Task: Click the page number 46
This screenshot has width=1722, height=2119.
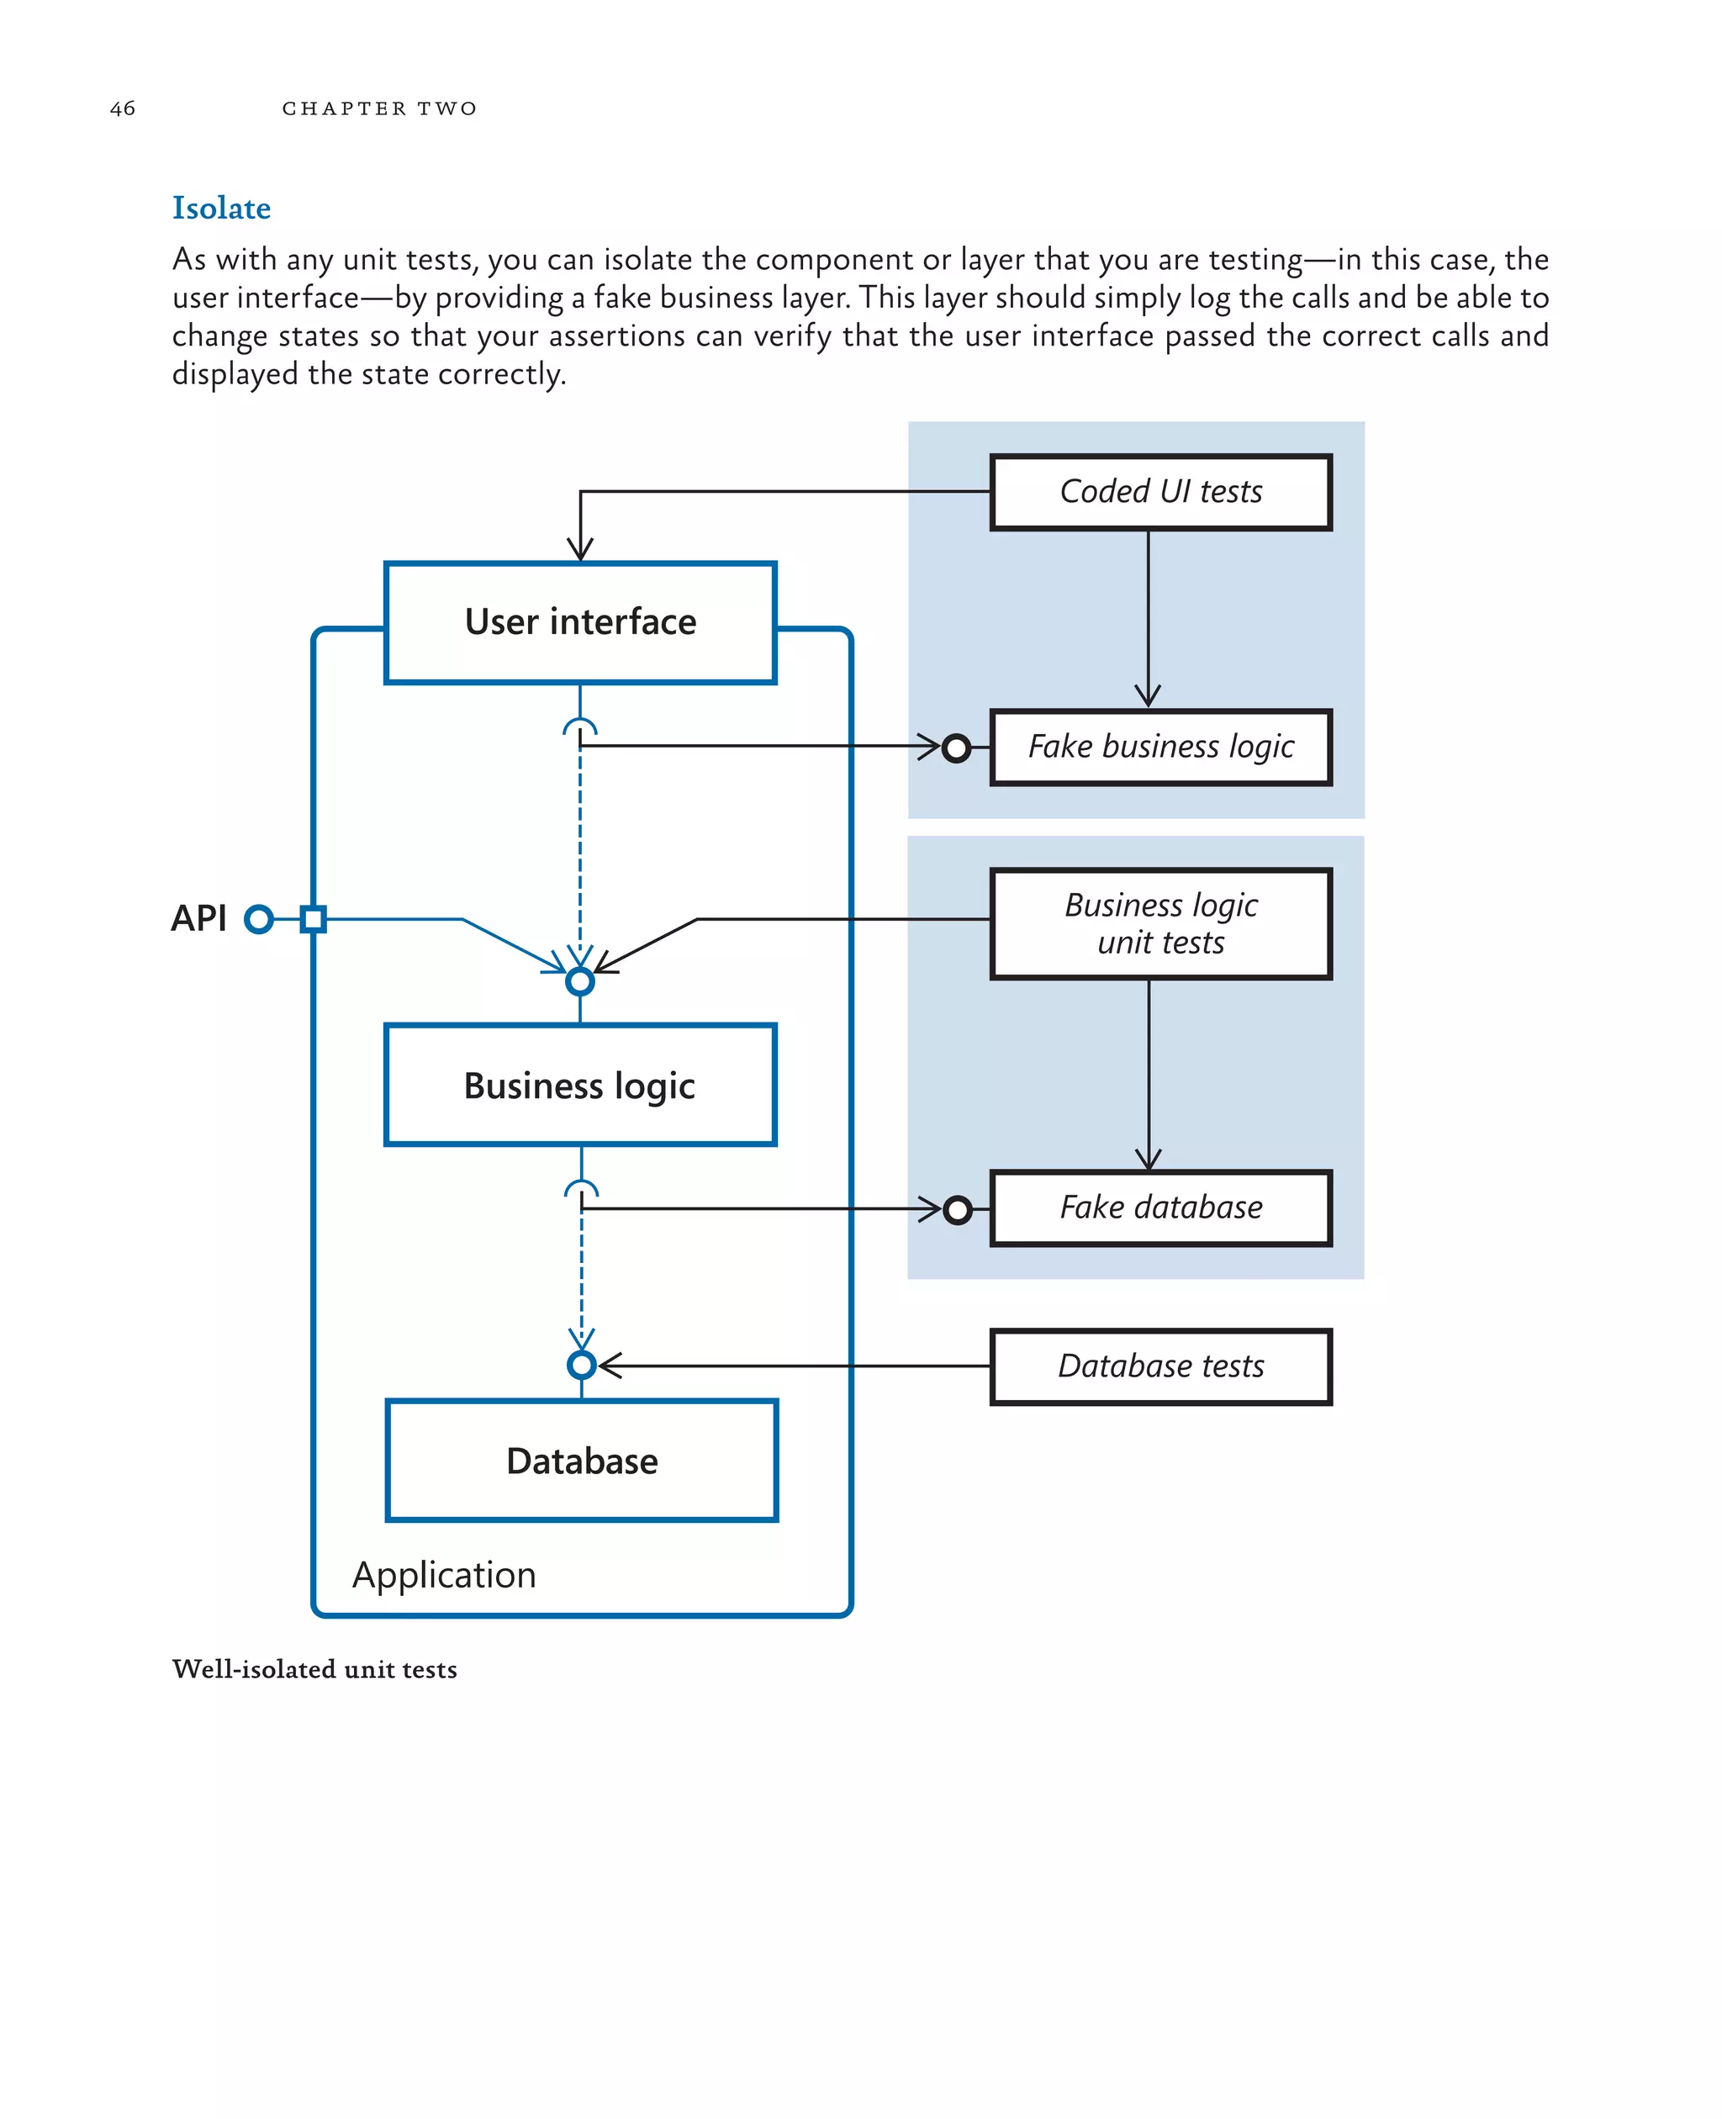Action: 122,108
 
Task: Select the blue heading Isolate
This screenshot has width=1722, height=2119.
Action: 221,208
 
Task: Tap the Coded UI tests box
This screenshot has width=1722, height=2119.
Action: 1159,492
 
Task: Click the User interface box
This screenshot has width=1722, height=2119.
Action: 580,622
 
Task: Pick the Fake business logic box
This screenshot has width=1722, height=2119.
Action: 1159,747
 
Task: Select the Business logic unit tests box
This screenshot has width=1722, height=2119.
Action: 1159,923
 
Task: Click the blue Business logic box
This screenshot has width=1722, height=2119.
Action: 580,1086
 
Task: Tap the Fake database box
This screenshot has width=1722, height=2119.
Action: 1159,1207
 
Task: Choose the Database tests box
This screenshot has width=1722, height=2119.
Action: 1159,1366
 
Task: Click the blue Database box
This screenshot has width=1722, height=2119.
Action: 581,1461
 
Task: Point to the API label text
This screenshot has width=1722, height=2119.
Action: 198,918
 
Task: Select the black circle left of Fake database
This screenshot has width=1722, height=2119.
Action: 957,1209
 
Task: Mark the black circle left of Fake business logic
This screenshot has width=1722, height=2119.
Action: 956,748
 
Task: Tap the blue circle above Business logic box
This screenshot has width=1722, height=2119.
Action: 580,981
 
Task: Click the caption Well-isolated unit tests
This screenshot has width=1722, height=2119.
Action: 314,1668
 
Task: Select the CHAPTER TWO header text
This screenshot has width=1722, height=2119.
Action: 379,108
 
